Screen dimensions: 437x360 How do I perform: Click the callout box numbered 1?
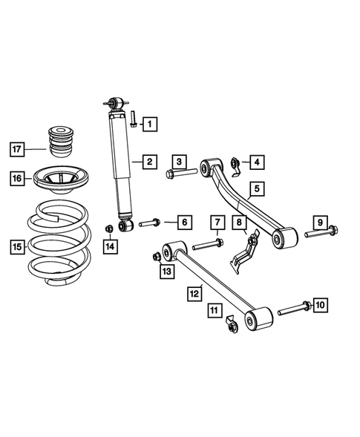[x=151, y=123]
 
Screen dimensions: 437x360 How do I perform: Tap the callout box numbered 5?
[x=255, y=189]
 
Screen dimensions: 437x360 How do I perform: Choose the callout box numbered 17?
[x=18, y=148]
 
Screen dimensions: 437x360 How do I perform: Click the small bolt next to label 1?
[x=132, y=118]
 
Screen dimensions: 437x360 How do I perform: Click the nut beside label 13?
[x=156, y=257]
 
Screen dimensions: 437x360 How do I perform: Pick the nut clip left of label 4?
[x=235, y=164]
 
